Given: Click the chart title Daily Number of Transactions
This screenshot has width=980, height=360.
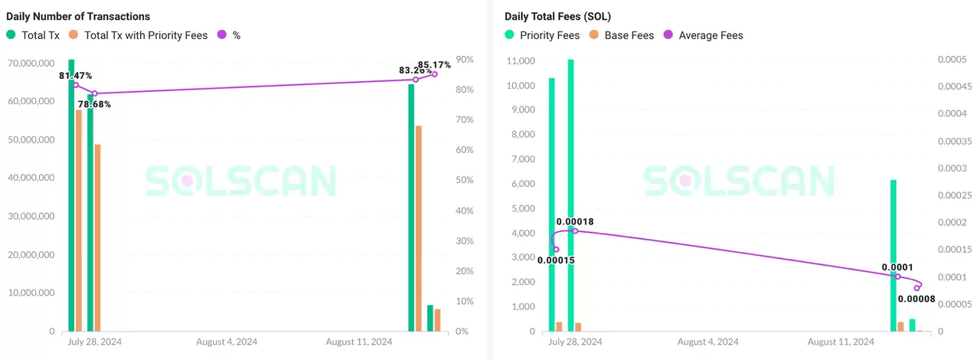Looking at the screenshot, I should point(78,16).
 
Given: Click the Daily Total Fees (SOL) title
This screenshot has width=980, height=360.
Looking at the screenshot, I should point(557,16).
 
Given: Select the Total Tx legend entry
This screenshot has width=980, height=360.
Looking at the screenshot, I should point(34,35).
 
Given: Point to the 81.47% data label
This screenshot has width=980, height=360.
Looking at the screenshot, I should point(76,76).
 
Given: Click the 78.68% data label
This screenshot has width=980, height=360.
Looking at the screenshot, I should point(94,104).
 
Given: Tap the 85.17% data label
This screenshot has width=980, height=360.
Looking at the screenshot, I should point(434,65).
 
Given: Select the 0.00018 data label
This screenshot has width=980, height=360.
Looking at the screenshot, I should point(575,222).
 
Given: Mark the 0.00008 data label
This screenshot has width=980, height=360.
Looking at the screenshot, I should point(916,299).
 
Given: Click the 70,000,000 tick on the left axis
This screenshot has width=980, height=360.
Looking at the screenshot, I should point(31,62).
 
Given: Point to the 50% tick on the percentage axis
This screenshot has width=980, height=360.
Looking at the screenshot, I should point(464,181).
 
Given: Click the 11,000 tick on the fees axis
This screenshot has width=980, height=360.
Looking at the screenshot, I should point(521,61).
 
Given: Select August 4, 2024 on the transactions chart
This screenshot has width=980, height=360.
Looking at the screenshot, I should point(227,342).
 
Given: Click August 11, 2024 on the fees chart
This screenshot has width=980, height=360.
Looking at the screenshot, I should point(841,342).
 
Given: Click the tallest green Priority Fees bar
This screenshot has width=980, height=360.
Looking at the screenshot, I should point(570,191).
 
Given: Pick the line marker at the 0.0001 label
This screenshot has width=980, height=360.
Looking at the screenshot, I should point(898,277).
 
